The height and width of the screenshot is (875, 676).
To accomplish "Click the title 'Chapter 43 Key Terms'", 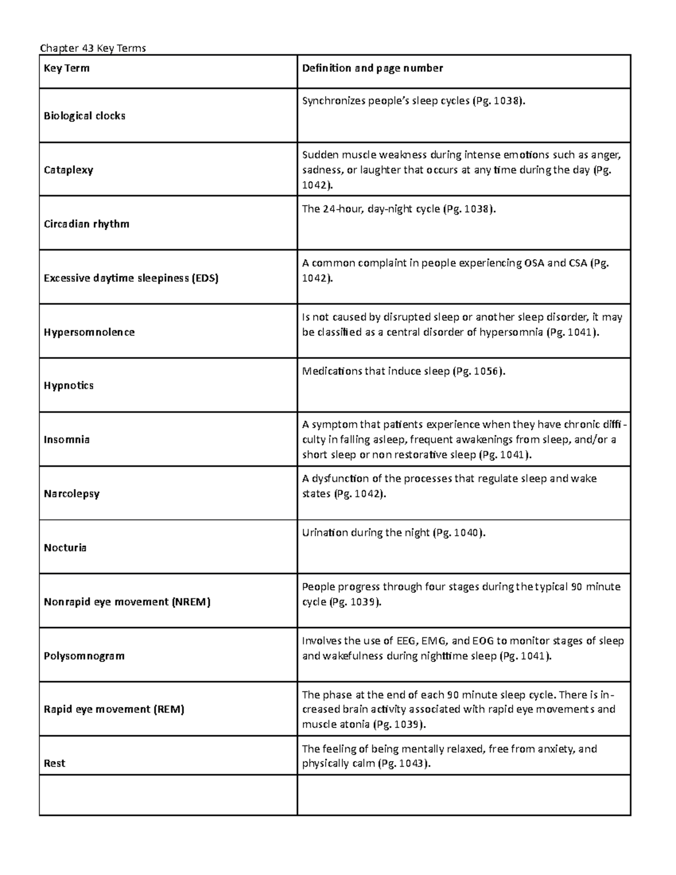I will click(93, 48).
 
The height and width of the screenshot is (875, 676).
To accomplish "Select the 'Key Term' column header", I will click(66, 69).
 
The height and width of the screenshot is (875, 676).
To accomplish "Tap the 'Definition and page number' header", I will click(372, 68).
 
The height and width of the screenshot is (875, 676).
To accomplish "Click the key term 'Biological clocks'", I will click(84, 116).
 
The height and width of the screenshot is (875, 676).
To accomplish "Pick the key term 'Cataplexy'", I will click(68, 170).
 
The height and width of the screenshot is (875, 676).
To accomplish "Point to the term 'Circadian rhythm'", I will click(86, 224).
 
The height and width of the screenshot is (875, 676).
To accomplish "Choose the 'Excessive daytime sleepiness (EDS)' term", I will click(131, 278).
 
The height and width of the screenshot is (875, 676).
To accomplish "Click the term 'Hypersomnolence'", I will click(89, 332).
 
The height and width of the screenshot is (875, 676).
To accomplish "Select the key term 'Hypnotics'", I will click(69, 386).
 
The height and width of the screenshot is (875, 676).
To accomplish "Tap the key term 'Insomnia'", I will click(66, 439).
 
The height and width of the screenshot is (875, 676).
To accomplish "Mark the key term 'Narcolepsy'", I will click(72, 494).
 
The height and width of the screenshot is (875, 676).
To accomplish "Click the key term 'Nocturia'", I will click(65, 548).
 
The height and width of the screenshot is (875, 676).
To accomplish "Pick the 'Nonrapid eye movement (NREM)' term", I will click(127, 602).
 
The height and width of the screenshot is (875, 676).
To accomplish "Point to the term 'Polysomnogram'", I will click(84, 656).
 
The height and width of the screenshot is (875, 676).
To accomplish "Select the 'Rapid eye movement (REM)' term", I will click(114, 709).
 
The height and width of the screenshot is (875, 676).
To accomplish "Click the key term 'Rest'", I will click(54, 763).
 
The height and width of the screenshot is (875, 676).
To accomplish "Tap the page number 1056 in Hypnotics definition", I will click(487, 371).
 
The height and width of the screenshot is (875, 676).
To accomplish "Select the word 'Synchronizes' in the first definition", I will click(333, 101).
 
